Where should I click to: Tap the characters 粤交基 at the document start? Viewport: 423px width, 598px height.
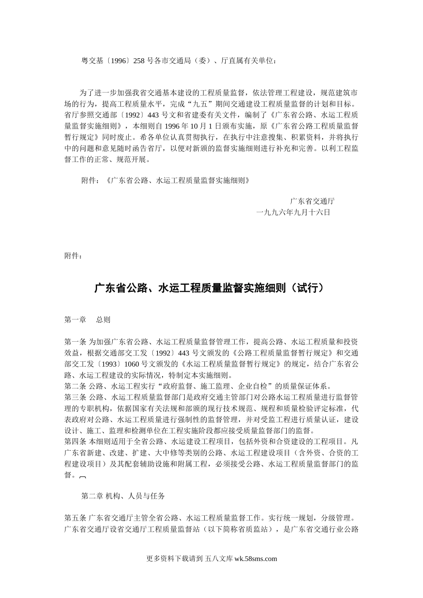[90, 61]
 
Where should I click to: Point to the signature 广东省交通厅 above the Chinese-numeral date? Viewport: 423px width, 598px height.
[313, 201]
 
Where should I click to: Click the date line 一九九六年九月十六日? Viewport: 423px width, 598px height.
[294, 212]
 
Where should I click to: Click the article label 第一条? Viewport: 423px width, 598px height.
[75, 342]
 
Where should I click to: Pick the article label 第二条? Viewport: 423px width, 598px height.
[75, 386]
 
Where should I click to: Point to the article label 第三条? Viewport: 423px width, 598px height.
[75, 397]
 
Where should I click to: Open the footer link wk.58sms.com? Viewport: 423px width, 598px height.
[255, 559]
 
